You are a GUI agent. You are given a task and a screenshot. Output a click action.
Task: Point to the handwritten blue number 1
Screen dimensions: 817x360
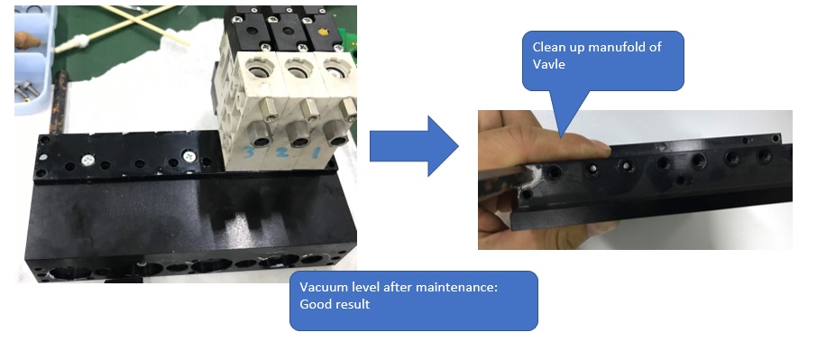click(x=316, y=152)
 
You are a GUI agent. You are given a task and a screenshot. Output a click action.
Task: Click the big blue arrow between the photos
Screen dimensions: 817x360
click(x=414, y=146)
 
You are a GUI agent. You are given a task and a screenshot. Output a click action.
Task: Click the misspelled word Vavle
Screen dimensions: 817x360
click(x=548, y=65)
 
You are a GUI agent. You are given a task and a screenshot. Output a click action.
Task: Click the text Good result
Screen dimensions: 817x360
click(x=335, y=304)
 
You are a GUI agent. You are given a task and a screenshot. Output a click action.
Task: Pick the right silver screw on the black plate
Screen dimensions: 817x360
click(x=188, y=154)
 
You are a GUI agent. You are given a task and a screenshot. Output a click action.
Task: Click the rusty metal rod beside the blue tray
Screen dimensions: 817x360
click(x=59, y=103)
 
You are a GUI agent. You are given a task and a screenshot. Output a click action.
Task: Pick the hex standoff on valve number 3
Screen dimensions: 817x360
click(x=270, y=110)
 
